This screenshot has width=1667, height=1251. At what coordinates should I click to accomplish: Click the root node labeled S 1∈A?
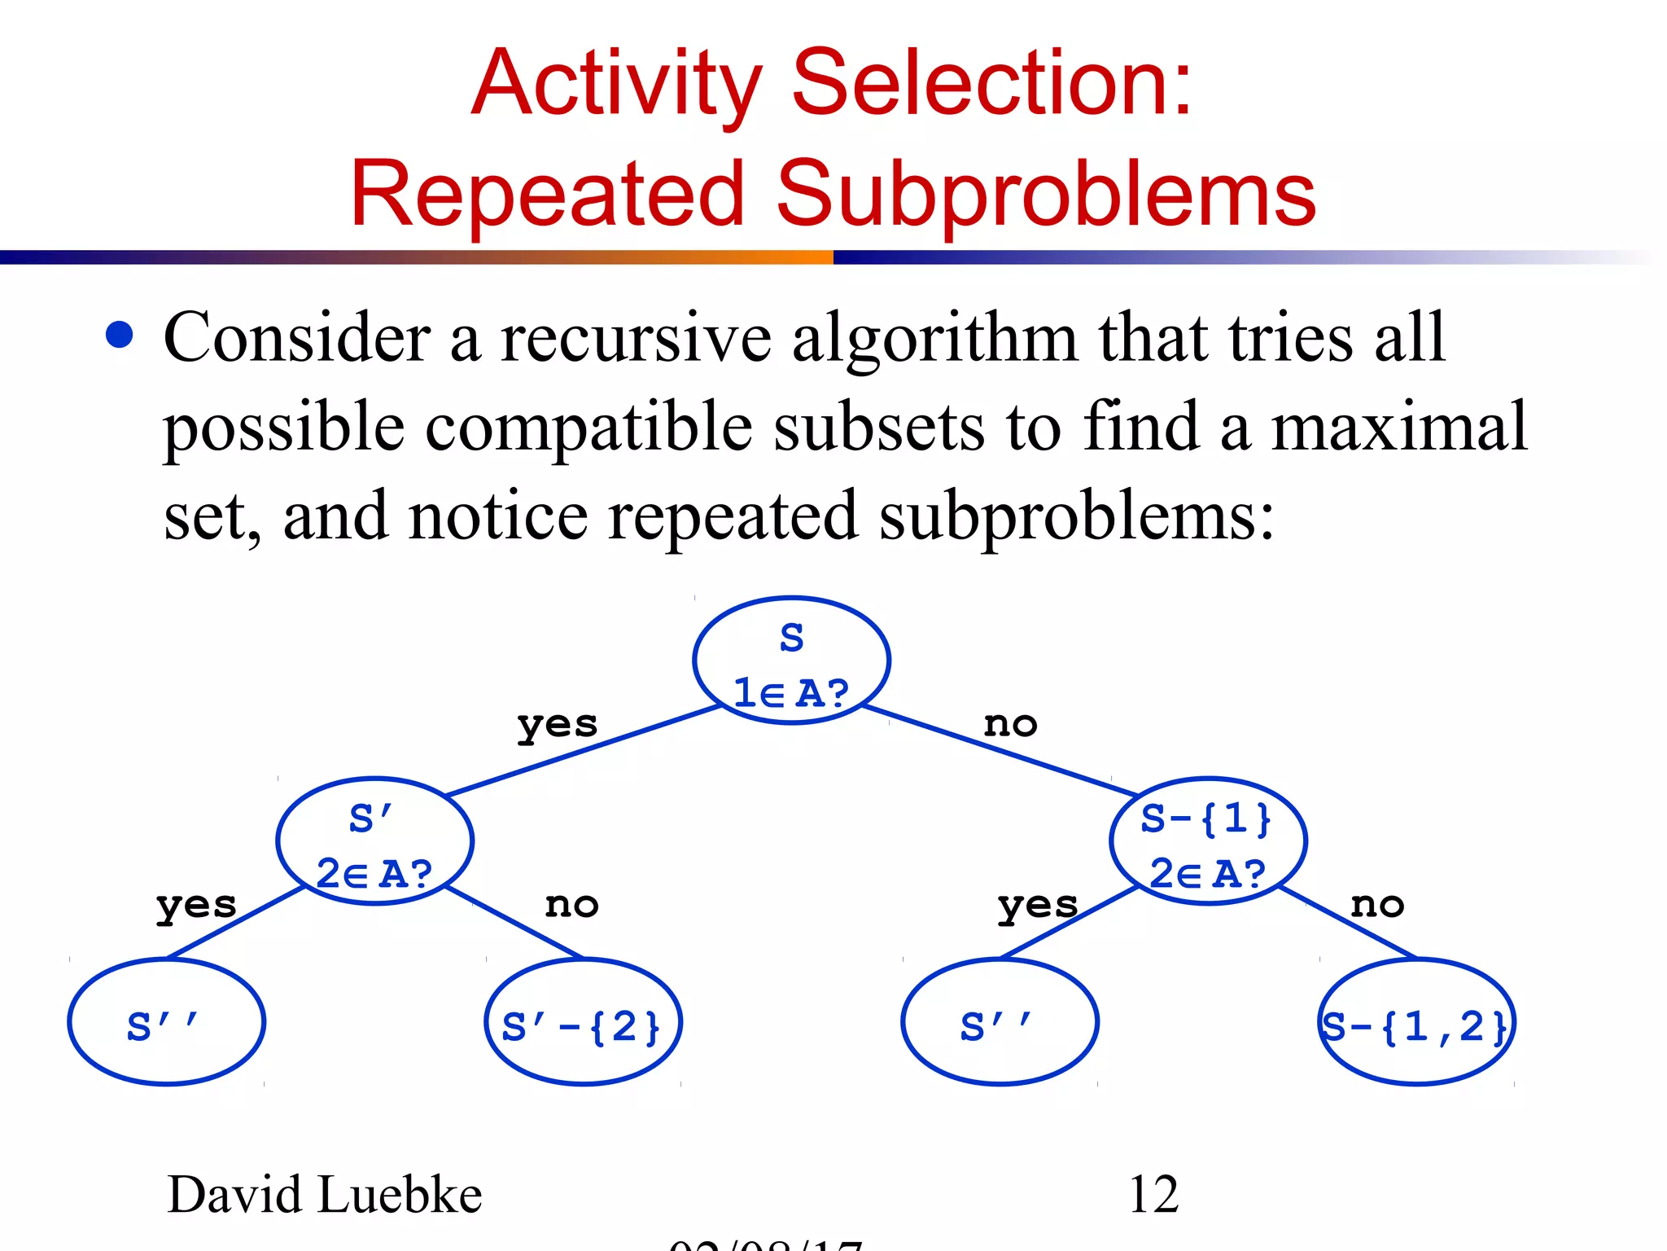pos(791,661)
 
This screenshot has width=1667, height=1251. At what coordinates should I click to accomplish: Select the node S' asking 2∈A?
pos(374,841)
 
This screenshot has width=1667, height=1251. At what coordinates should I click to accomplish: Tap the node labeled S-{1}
pos(1208,841)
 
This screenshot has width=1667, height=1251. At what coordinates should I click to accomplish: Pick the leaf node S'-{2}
pos(583,1023)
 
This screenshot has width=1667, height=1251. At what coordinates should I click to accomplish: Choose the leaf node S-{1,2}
pos(1416,1023)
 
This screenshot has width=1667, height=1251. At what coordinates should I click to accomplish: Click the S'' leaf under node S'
pos(166,1023)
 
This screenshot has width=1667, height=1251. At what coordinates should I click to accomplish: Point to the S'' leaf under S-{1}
pos(1000,1023)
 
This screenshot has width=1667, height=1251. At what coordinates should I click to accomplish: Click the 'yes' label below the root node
pos(558,724)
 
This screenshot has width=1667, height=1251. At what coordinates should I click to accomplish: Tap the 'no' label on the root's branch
pos(1010,724)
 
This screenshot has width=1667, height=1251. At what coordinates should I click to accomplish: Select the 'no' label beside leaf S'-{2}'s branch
pos(571,905)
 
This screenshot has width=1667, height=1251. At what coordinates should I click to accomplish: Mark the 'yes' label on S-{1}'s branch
pos(1038,905)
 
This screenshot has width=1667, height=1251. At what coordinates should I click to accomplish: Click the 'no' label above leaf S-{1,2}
pos(1377,905)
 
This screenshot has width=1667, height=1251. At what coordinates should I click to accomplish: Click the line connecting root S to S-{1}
pos(1000,750)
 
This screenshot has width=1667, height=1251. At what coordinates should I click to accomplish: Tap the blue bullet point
pos(120,335)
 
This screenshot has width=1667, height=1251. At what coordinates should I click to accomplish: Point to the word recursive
pos(636,337)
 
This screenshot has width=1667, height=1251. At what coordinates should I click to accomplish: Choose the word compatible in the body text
pos(588,427)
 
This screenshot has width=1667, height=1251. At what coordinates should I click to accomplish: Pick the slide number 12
pos(1153,1195)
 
